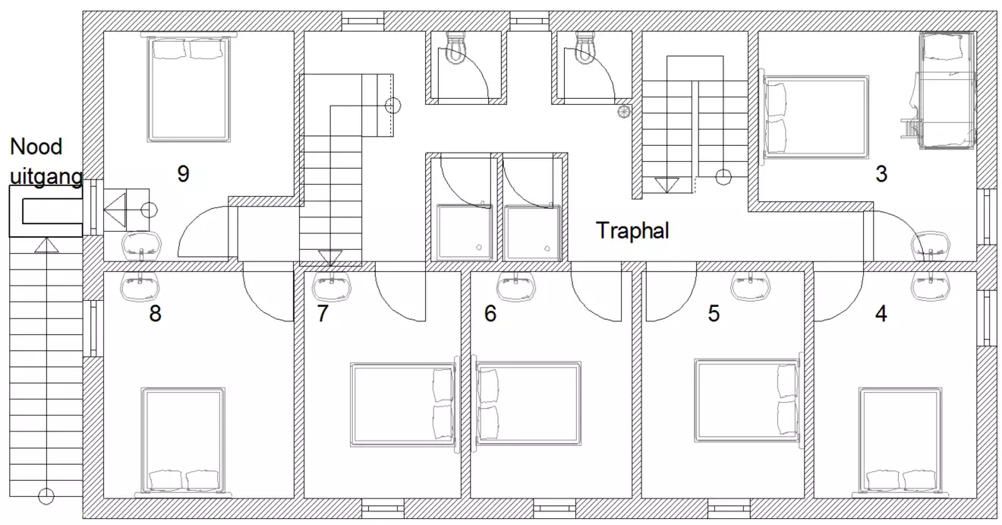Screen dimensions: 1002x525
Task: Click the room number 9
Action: pyautogui.click(x=183, y=174)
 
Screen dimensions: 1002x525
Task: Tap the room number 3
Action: pyautogui.click(x=881, y=174)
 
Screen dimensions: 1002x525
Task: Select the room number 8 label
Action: pyautogui.click(x=155, y=313)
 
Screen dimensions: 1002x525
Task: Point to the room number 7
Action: pyautogui.click(x=323, y=313)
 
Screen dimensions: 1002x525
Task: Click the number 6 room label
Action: pyautogui.click(x=490, y=313)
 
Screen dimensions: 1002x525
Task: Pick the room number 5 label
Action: pyautogui.click(x=714, y=313)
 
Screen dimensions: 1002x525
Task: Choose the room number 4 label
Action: pyautogui.click(x=881, y=313)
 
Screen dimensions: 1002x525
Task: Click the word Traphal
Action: pyautogui.click(x=632, y=230)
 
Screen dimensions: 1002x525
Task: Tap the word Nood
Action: pyautogui.click(x=36, y=147)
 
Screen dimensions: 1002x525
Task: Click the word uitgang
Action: pyautogui.click(x=46, y=177)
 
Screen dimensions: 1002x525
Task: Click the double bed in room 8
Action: pyautogui.click(x=183, y=443)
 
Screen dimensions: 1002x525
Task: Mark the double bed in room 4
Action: pyautogui.click(x=900, y=443)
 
